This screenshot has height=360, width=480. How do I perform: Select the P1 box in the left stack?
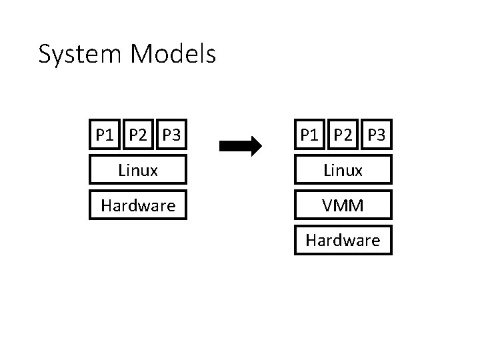(x=105, y=135)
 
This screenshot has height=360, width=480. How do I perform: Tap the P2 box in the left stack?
(x=139, y=135)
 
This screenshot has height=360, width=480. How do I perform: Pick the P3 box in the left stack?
(x=171, y=135)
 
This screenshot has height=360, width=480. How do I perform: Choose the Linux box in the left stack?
(x=138, y=170)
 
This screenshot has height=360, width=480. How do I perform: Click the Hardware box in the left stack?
(x=138, y=205)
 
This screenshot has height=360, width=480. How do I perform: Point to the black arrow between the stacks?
(x=240, y=146)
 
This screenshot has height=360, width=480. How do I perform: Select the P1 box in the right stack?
(x=310, y=135)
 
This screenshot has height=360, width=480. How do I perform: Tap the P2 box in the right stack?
(x=343, y=135)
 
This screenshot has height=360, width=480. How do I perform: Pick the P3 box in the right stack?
(x=376, y=135)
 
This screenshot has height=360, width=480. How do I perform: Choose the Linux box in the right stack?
(x=343, y=170)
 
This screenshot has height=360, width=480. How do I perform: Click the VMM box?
(x=343, y=205)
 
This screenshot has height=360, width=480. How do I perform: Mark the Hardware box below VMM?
(x=343, y=240)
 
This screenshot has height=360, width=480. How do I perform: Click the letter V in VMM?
(x=328, y=205)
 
